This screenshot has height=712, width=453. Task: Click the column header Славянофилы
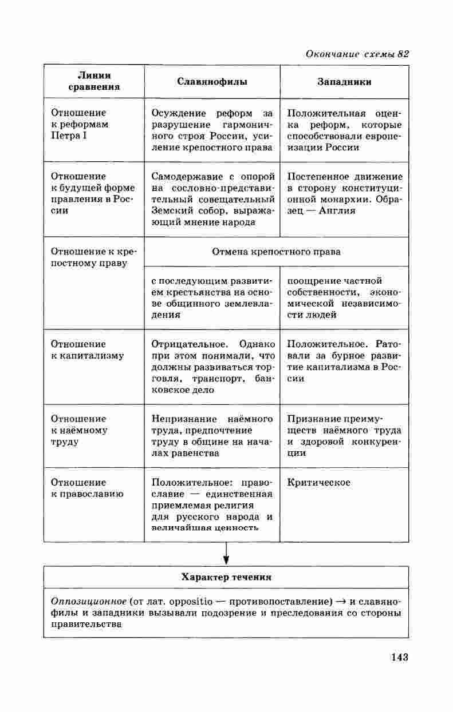pos(212,82)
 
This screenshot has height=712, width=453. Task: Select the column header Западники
pos(344,82)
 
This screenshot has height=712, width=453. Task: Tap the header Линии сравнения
pos(94,81)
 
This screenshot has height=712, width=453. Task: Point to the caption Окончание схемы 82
pos(357,54)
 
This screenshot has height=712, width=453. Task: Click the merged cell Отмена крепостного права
pos(276,252)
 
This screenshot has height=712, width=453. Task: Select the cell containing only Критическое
pos(319,482)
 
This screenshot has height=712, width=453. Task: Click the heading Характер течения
pos(226,577)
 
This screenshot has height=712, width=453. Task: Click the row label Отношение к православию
pos(87,488)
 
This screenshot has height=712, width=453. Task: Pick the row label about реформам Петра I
pos(80,124)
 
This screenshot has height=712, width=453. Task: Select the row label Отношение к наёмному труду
pos(79,430)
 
